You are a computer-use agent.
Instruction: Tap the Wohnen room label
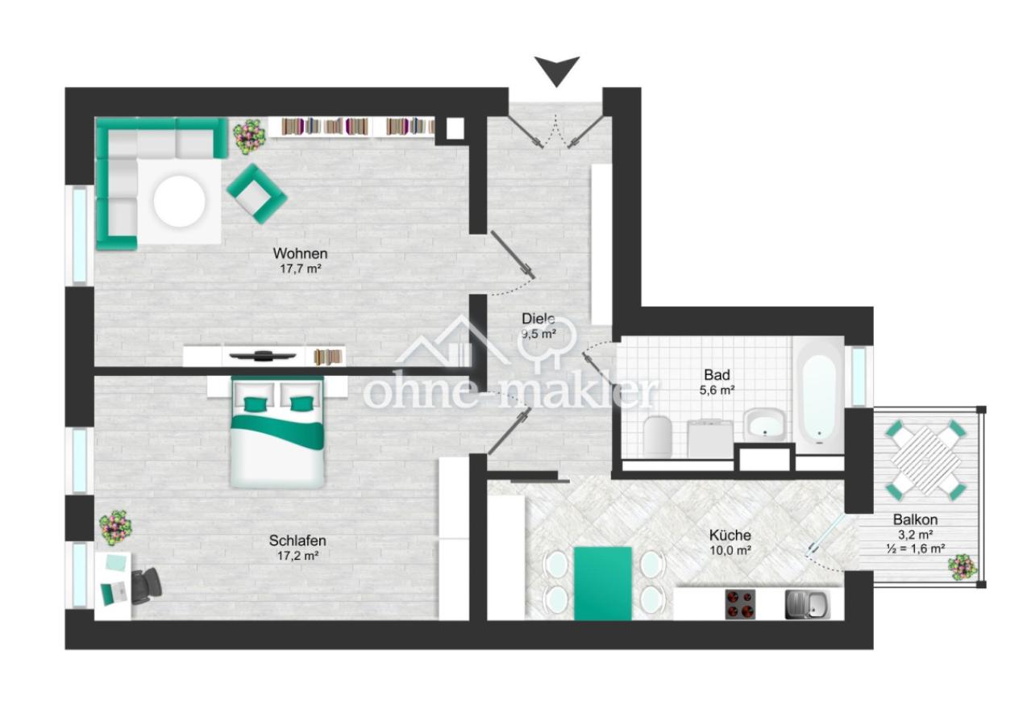pyautogui.click(x=301, y=253)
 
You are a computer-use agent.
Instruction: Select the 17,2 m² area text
pyautogui.click(x=298, y=556)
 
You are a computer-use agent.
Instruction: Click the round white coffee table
pyautogui.click(x=179, y=202)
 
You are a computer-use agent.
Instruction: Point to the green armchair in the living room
pyautogui.click(x=256, y=194)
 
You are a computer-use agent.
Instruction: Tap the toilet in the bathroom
pyautogui.click(x=658, y=436)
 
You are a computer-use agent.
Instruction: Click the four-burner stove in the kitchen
pyautogui.click(x=740, y=604)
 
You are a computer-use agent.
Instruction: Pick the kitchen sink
pyautogui.click(x=807, y=604)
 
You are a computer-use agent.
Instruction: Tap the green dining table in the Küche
pyautogui.click(x=603, y=583)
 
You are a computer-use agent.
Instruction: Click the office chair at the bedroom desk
pyautogui.click(x=147, y=586)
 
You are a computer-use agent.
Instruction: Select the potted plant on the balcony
pyautogui.click(x=963, y=568)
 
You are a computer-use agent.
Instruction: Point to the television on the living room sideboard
pyautogui.click(x=263, y=355)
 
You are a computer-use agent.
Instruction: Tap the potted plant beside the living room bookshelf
pyautogui.click(x=249, y=135)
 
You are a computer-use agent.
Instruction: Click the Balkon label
pyautogui.click(x=915, y=520)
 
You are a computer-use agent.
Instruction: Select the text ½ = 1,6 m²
pyautogui.click(x=916, y=549)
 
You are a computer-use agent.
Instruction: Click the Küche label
pyautogui.click(x=730, y=535)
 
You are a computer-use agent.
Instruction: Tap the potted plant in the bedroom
pyautogui.click(x=115, y=528)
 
